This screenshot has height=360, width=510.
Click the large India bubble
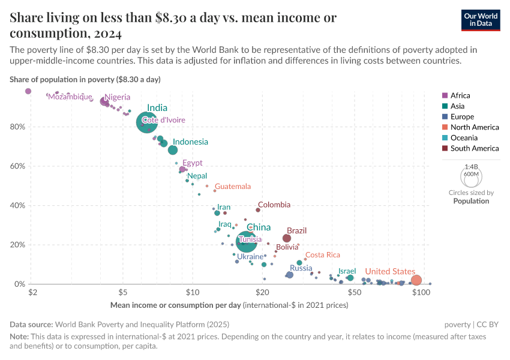point(147,122)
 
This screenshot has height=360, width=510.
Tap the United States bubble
point(416,280)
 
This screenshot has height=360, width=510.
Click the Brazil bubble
point(287,238)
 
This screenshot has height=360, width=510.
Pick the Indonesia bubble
point(173,150)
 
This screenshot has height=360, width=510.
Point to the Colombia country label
point(274,205)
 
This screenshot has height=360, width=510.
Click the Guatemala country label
point(233,187)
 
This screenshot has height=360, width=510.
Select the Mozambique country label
point(70,97)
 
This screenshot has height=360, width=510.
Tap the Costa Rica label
point(323,255)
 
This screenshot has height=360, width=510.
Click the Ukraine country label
point(246,256)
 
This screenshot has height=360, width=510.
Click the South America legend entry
point(474,148)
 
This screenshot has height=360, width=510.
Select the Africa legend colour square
point(445,95)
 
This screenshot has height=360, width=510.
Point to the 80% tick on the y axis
point(17,127)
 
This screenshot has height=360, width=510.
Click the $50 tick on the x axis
point(353,292)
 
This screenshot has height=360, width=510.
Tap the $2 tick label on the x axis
point(32,292)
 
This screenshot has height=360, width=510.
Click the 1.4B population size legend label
point(472,167)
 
